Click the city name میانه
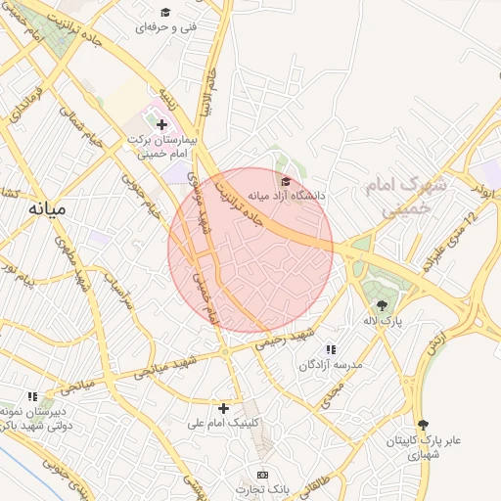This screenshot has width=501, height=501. coord(46,208)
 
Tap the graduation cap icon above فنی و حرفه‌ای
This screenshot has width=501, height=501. coord(165,12)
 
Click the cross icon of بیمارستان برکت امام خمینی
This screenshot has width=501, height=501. coord(161,124)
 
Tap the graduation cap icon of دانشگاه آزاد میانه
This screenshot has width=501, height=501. coord(286,181)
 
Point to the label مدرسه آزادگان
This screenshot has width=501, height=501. coord(331,364)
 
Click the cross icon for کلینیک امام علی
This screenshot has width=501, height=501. coord(224,407)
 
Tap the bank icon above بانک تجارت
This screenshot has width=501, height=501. coord(261,474)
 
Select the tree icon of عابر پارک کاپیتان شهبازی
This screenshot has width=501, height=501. coord(423,425)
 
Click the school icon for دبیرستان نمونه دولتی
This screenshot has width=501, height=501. coord(32,397)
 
